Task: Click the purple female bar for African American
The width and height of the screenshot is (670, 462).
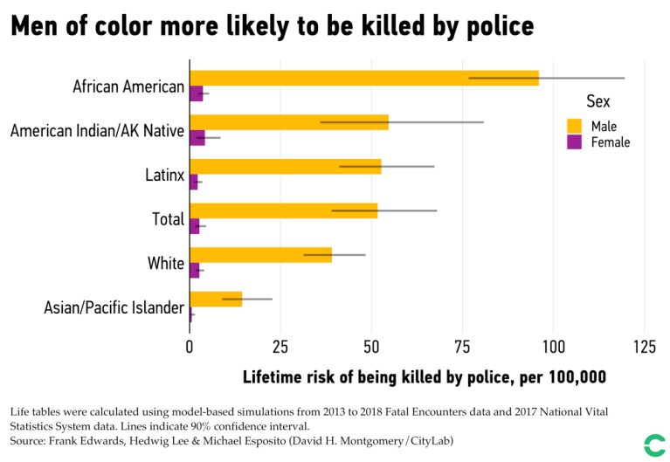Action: click(197, 93)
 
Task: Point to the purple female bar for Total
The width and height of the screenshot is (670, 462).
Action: click(195, 226)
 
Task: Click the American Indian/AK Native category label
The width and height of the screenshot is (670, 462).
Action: click(97, 132)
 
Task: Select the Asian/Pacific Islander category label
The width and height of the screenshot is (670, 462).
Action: click(114, 308)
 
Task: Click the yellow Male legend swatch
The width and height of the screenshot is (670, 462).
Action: click(574, 126)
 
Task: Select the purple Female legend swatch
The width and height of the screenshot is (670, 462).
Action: click(574, 141)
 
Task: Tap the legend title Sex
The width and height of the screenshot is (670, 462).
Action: click(597, 102)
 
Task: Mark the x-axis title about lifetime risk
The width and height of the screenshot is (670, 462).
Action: click(424, 377)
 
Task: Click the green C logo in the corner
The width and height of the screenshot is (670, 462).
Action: click(653, 445)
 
